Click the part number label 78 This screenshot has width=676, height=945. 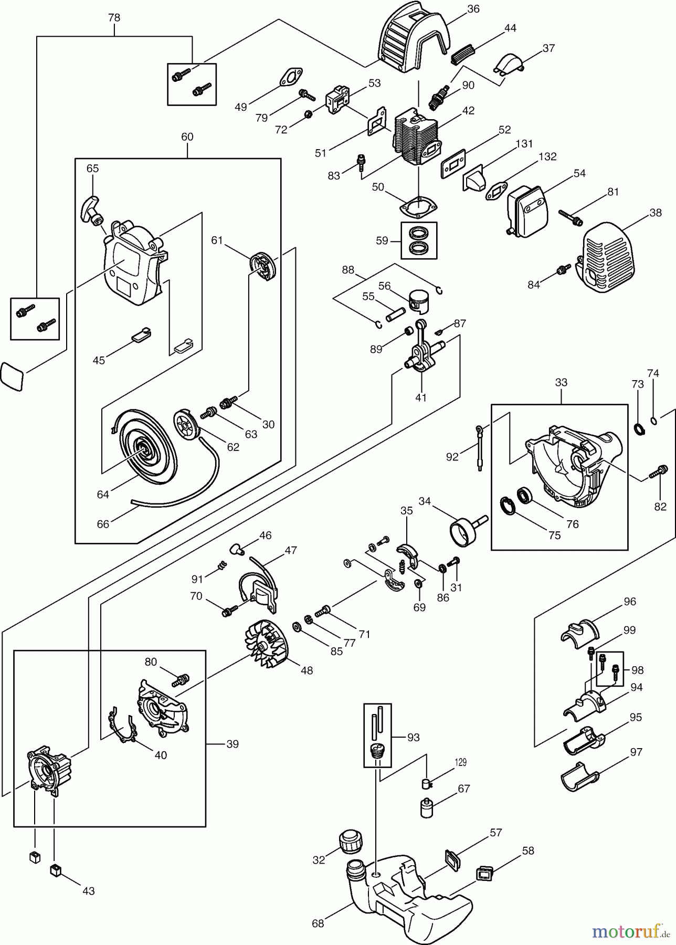pos(114,18)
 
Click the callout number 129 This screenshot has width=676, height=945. pos(460,763)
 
